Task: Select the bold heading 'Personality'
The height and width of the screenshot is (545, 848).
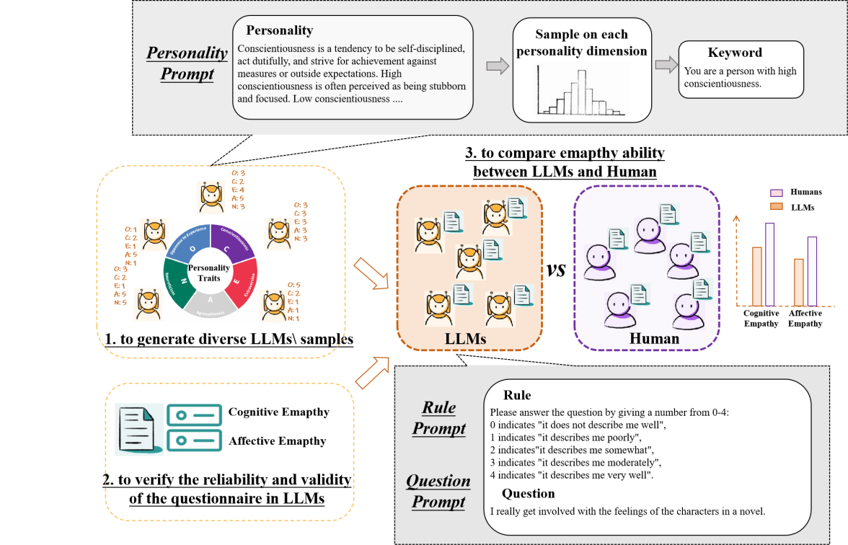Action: (x=279, y=30)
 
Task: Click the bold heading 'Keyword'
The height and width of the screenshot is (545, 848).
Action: (x=735, y=53)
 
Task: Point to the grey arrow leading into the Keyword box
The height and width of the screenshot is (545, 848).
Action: (x=665, y=66)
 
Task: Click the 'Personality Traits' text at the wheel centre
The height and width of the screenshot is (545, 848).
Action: (x=208, y=272)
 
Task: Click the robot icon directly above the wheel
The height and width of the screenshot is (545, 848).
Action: (x=211, y=197)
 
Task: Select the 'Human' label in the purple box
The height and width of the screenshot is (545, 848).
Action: (x=654, y=338)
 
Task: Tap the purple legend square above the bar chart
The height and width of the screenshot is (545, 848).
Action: (x=777, y=193)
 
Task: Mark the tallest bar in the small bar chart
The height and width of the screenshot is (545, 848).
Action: (x=770, y=264)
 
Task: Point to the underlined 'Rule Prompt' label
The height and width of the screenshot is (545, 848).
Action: (x=439, y=418)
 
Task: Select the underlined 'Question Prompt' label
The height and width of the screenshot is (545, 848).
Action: (x=438, y=491)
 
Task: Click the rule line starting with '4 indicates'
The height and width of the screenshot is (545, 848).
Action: (x=571, y=476)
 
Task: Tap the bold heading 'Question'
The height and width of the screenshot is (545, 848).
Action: (x=529, y=494)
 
